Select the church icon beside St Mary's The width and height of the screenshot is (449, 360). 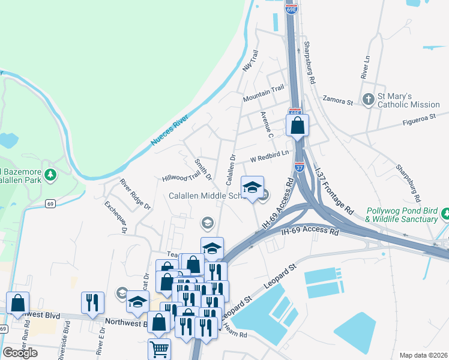click(369, 99)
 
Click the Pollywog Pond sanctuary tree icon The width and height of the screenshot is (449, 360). click(445, 214)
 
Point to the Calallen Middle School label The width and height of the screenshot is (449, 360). click(204, 196)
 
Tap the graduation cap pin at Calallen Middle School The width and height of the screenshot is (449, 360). click(253, 187)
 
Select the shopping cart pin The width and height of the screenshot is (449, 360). click(159, 348)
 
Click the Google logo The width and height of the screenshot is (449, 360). click(20, 352)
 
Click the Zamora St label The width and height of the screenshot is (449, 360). click(337, 100)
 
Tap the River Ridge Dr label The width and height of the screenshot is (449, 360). click(135, 194)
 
